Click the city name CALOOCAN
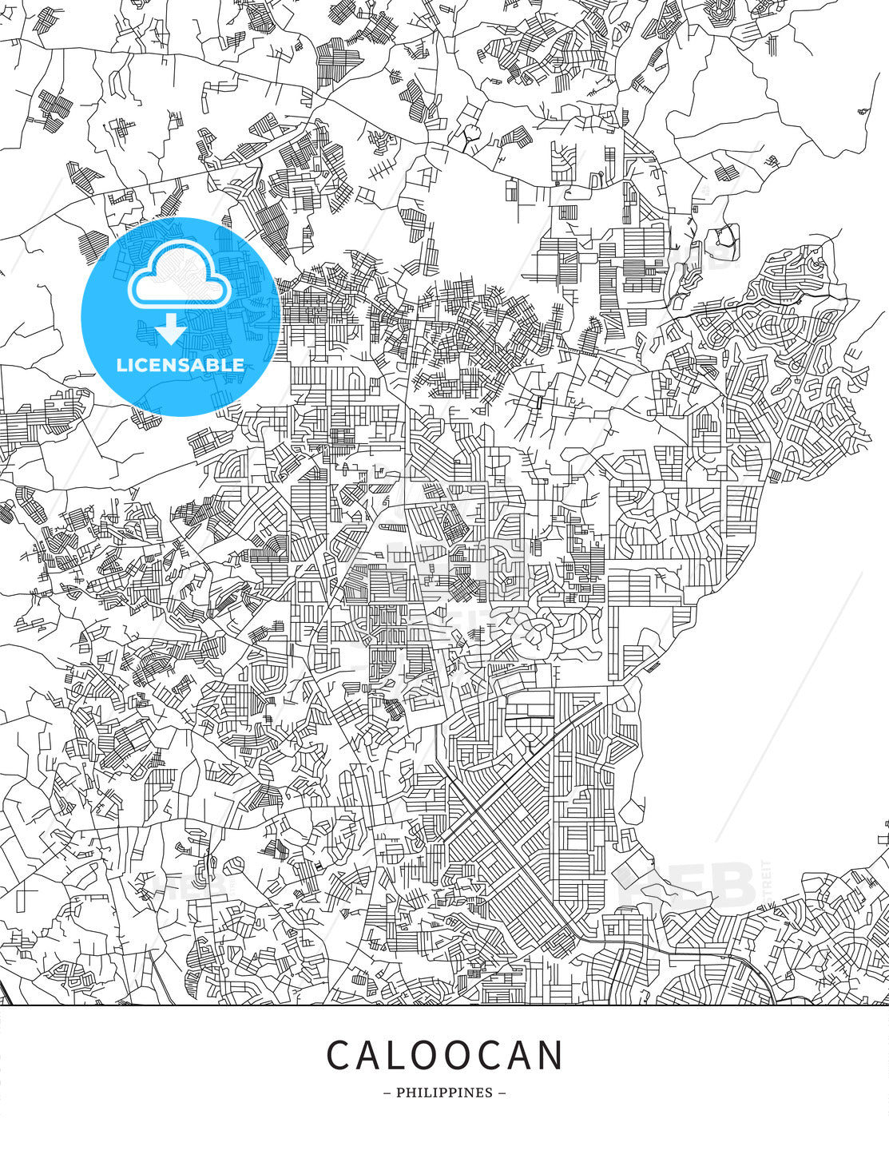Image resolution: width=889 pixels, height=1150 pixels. tap(444, 1055)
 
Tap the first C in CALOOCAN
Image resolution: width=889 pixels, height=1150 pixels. tap(339, 1055)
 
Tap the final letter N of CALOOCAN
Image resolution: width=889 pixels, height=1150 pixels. tap(552, 1055)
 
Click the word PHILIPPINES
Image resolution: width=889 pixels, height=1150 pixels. tap(444, 1092)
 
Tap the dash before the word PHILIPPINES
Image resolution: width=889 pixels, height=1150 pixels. tap(387, 1092)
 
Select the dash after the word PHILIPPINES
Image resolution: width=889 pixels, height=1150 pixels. tap(502, 1092)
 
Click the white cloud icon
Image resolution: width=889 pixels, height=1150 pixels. tap(181, 276)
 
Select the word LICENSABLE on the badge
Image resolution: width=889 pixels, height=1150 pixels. tap(181, 365)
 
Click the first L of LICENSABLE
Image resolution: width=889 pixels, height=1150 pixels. tap(121, 365)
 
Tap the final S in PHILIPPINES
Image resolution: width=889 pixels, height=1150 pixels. tap(489, 1092)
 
